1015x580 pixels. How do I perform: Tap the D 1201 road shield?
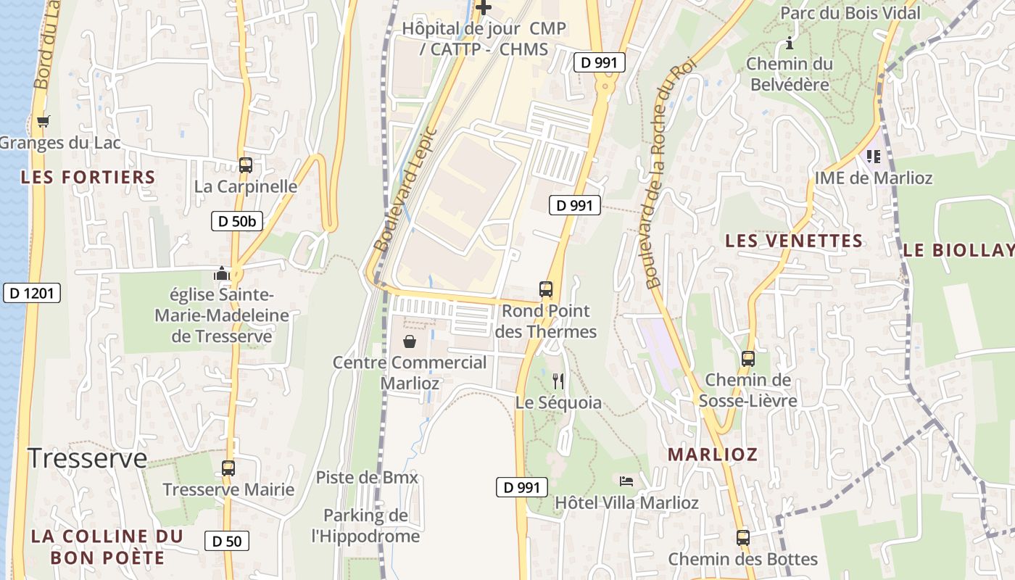(32, 293)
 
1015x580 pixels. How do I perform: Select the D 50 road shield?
(227, 540)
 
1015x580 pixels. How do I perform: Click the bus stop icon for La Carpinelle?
(246, 165)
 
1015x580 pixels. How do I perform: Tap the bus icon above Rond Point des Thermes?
(546, 289)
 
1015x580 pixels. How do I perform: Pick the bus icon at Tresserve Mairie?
(228, 468)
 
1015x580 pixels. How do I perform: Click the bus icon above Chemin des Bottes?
(743, 538)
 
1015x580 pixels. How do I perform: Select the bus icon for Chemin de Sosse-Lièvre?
(748, 359)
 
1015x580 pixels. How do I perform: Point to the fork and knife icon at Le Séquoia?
(558, 381)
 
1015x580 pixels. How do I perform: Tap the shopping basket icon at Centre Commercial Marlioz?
(410, 341)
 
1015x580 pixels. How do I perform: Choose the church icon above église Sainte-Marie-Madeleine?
(221, 274)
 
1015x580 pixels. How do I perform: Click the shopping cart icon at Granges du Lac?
(43, 122)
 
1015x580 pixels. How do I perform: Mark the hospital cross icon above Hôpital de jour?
(484, 8)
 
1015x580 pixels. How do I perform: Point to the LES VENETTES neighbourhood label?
(794, 241)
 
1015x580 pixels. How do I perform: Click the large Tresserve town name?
(87, 458)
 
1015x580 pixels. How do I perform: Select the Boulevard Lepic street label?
(405, 190)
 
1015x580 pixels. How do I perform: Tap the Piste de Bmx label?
(367, 478)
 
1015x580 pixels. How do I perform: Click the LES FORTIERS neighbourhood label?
(88, 177)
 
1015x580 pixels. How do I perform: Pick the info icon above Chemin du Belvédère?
(789, 45)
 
